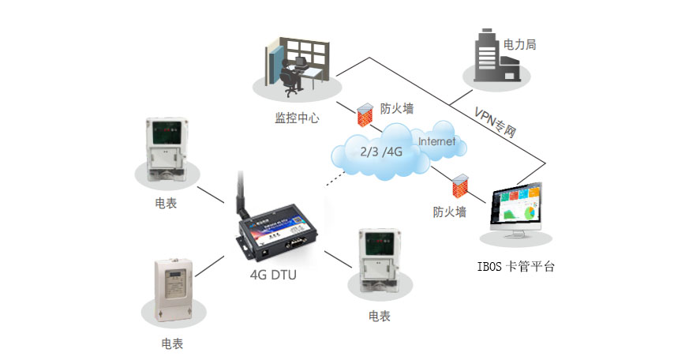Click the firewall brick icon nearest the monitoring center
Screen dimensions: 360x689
[x=363, y=115]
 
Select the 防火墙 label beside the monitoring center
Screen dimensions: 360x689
[x=397, y=108]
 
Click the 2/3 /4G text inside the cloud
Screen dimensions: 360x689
[x=382, y=151]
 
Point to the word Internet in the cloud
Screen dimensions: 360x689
[x=436, y=141]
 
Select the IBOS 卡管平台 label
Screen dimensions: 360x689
[x=517, y=267]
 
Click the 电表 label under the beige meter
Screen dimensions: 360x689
[x=172, y=343]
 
